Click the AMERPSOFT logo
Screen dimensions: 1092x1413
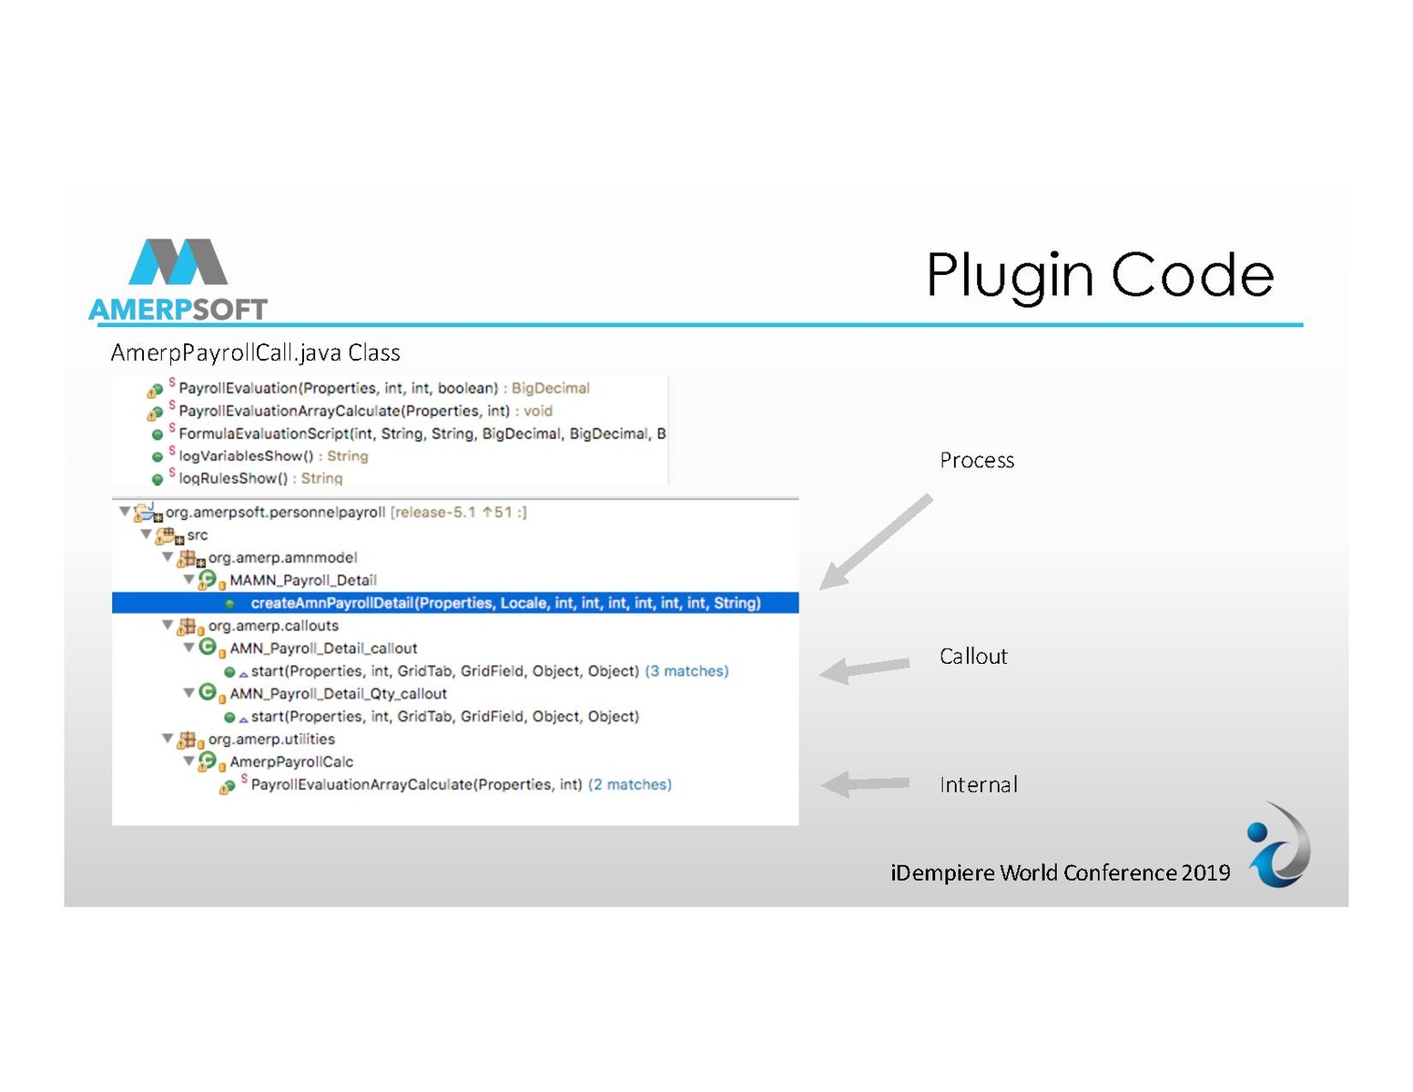pyautogui.click(x=178, y=281)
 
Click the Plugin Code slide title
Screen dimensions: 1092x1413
pyautogui.click(x=1099, y=274)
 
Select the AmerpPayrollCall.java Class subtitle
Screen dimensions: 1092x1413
pyautogui.click(x=256, y=352)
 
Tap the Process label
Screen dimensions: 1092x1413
pyautogui.click(x=977, y=460)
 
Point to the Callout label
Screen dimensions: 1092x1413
pyautogui.click(x=973, y=656)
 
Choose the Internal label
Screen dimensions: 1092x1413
pyautogui.click(x=978, y=784)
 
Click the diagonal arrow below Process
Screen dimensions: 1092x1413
pyautogui.click(x=875, y=542)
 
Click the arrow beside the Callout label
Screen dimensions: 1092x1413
pyautogui.click(x=864, y=668)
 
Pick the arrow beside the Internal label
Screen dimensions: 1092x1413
pyautogui.click(x=865, y=783)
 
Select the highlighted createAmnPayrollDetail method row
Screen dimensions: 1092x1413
pyautogui.click(x=505, y=603)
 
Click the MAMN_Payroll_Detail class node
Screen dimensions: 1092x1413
pyautogui.click(x=302, y=580)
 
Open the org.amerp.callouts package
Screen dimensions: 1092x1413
pyautogui.click(x=273, y=626)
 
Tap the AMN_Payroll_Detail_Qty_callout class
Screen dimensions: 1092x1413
pyautogui.click(x=338, y=694)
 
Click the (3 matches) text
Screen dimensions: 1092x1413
pyautogui.click(x=686, y=671)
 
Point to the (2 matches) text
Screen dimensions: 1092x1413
pyautogui.click(x=630, y=784)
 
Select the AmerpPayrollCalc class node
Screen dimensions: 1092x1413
pyautogui.click(x=291, y=761)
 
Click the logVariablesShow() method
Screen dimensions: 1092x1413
pyautogui.click(x=246, y=456)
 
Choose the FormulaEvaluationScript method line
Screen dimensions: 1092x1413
pyautogui.click(x=422, y=434)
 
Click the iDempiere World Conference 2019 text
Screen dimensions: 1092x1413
pyautogui.click(x=1060, y=873)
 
